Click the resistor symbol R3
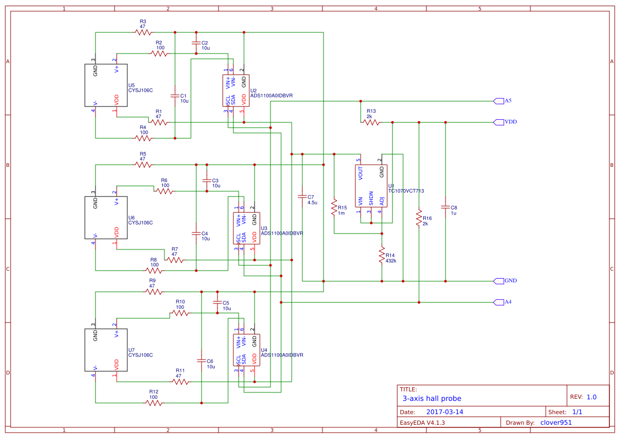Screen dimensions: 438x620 tap(143, 32)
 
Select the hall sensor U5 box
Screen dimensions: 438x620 tap(106, 85)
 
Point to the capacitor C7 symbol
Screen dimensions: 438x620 tap(302, 196)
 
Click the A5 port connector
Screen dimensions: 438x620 tap(498, 101)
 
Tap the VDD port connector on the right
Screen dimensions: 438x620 tap(498, 122)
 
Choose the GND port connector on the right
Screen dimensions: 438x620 tap(498, 281)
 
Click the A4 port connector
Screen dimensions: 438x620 tap(498, 302)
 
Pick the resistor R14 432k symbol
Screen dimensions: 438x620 tap(381, 256)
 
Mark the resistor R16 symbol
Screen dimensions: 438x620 tap(419, 218)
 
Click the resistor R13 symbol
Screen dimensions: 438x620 tap(371, 122)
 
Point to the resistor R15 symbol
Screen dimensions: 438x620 tap(334, 207)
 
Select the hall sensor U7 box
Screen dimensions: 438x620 tap(106, 350)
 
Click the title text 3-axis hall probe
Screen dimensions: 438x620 tap(432, 398)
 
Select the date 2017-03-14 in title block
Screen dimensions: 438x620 tap(444, 412)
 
